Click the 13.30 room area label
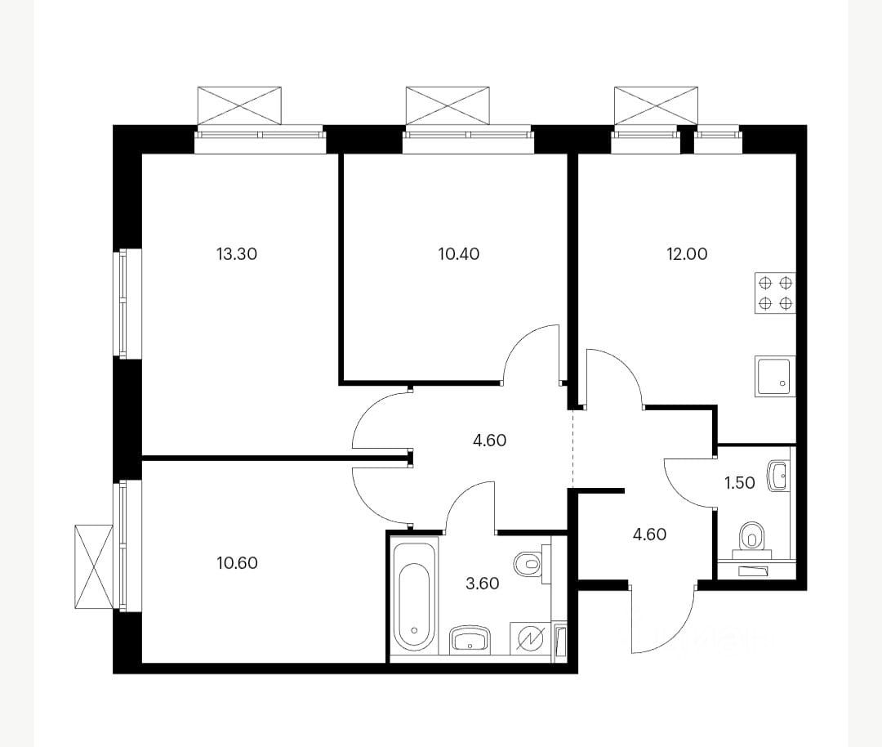tap(237, 254)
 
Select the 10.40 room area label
tap(459, 254)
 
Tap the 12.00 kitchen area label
tap(687, 254)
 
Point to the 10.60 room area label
tap(237, 562)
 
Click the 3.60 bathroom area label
tap(483, 584)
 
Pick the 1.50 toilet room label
tap(739, 482)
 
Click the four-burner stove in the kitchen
tap(775, 293)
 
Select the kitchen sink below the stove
tap(775, 376)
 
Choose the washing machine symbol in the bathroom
tap(530, 638)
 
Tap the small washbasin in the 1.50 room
tap(778, 476)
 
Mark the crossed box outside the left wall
tap(94, 566)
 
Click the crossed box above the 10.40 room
tap(448, 105)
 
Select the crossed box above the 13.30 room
tap(239, 105)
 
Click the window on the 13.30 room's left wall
tap(122, 303)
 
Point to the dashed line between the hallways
tap(572, 449)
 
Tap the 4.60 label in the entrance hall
tap(650, 534)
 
